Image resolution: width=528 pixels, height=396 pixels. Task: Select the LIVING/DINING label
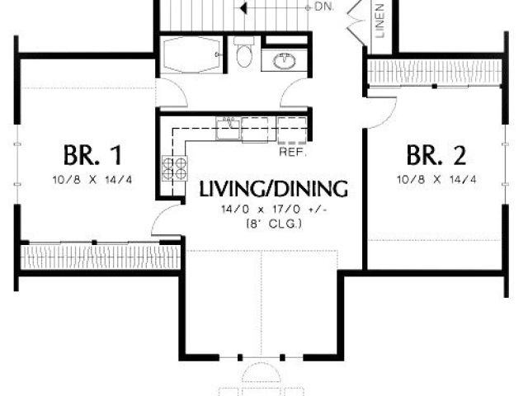click(x=273, y=189)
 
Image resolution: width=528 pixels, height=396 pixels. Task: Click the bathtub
click(x=191, y=54)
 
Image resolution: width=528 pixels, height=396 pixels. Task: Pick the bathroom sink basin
click(x=285, y=61)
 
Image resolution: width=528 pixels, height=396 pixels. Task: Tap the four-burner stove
click(x=174, y=168)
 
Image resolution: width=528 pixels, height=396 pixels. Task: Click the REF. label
click(x=293, y=152)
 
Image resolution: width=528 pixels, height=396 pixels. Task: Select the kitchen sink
click(x=228, y=128)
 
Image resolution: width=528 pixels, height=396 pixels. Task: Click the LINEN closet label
click(x=379, y=20)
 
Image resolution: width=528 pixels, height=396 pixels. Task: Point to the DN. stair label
click(x=324, y=7)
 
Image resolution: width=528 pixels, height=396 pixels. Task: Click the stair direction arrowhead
click(x=243, y=7)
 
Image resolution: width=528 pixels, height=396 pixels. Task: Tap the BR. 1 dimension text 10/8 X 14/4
click(x=92, y=180)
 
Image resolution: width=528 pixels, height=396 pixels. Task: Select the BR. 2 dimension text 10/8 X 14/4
click(x=436, y=180)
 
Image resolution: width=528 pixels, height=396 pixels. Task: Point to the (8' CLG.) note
click(x=275, y=224)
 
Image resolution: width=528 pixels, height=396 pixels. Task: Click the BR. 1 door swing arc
click(x=160, y=214)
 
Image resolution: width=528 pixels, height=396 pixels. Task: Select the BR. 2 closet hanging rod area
click(x=435, y=72)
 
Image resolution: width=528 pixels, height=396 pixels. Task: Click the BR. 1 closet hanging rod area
click(x=100, y=257)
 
